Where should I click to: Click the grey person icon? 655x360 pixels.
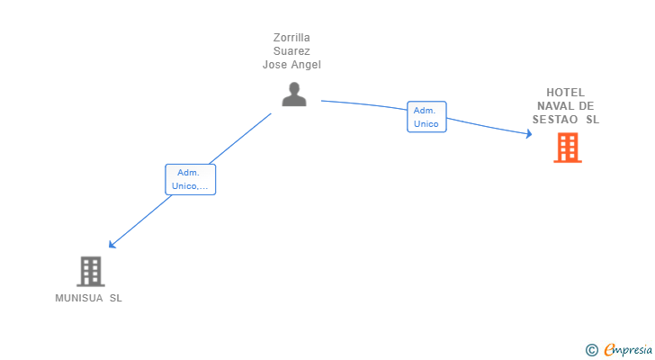click(294, 94)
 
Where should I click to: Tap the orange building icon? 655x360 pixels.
click(568, 148)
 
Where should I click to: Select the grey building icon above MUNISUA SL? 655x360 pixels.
click(91, 272)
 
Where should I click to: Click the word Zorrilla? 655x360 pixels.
click(292, 38)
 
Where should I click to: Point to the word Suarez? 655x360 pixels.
click(292, 51)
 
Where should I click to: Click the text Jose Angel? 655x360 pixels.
click(292, 65)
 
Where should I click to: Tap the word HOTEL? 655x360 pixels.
click(566, 93)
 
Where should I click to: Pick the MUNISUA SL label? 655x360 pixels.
click(88, 298)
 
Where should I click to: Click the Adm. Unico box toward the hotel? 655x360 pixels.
click(426, 117)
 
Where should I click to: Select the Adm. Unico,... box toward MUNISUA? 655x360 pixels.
click(191, 180)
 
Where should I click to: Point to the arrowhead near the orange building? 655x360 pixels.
click(529, 133)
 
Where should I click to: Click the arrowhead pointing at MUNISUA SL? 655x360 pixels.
click(112, 244)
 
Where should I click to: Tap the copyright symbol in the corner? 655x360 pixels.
click(591, 350)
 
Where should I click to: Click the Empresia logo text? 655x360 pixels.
click(628, 350)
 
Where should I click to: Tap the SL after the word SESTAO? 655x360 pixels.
click(592, 120)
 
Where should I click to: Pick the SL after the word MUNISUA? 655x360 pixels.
click(116, 298)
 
